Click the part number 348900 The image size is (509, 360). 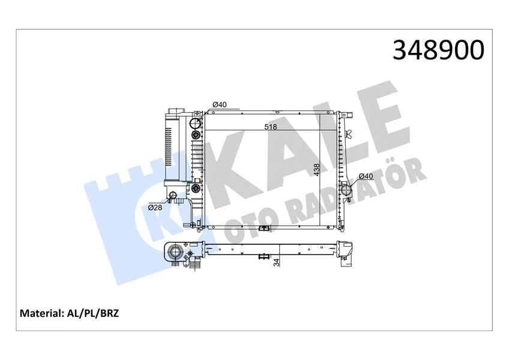(x=438, y=50)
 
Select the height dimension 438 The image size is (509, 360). (x=316, y=170)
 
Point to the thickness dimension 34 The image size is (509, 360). (x=276, y=261)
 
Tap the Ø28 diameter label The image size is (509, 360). (x=155, y=208)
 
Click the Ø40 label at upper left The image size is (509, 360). (x=219, y=105)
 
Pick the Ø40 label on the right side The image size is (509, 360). (x=366, y=176)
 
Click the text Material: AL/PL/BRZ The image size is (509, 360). (x=69, y=313)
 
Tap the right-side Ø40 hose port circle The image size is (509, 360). (x=348, y=190)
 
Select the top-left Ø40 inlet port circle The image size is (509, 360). (x=196, y=124)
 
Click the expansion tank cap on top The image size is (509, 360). (x=175, y=112)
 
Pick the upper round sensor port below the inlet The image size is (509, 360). (x=196, y=136)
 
